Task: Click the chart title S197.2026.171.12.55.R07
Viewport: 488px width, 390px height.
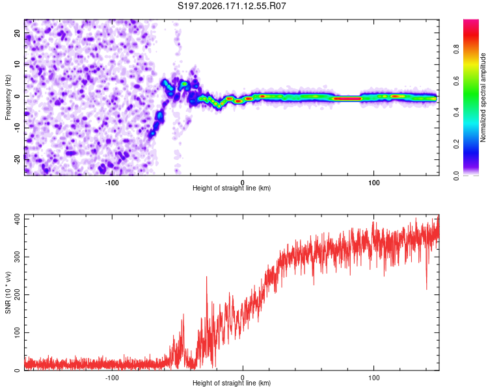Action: [x=232, y=6]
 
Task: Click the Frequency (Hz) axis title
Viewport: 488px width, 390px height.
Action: [x=8, y=97]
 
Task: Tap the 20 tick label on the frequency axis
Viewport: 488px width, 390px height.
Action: [x=17, y=32]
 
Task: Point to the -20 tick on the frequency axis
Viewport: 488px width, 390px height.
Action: [x=17, y=159]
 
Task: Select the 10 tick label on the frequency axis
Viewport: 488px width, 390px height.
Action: [x=17, y=64]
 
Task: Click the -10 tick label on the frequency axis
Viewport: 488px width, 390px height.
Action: [x=17, y=128]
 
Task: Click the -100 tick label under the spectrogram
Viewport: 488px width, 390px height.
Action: [x=112, y=183]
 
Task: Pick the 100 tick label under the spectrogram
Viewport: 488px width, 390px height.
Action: [x=373, y=183]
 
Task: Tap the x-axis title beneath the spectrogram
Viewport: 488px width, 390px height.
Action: [x=232, y=188]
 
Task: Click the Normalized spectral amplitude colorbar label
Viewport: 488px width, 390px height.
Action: [x=483, y=97]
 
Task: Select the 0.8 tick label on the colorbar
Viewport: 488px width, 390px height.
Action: [x=457, y=49]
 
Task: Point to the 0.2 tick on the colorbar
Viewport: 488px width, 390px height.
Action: [x=457, y=144]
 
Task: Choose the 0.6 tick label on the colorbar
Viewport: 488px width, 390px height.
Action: [x=457, y=81]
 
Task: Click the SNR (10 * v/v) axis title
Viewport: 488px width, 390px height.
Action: [x=8, y=292]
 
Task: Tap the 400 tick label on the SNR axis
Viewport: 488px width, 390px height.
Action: [x=17, y=219]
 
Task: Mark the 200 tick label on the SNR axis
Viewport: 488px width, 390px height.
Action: [x=17, y=294]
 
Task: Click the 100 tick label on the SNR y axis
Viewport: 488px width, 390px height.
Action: [x=17, y=332]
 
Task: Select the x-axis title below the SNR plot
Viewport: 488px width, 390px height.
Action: [x=232, y=383]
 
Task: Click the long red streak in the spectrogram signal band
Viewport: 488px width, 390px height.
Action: [x=347, y=99]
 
